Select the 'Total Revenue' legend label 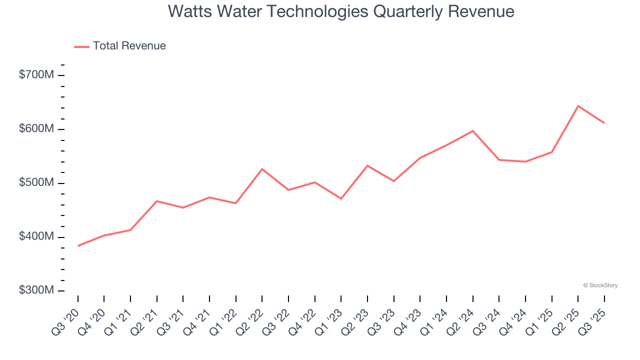129,46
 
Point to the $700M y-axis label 36,75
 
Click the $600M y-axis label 36,129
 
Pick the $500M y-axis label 36,183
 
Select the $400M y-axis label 36,236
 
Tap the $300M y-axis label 36,290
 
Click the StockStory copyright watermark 600,285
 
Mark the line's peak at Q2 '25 578,106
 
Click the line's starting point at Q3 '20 78,246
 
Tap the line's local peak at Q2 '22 262,169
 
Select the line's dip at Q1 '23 341,198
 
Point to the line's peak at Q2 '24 472,131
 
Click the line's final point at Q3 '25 604,123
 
